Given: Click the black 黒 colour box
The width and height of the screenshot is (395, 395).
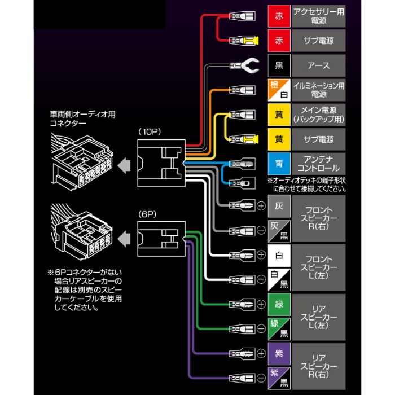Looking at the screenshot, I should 279,65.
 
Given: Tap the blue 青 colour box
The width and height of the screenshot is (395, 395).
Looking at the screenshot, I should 279,164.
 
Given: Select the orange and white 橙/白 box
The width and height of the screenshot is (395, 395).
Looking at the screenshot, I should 279,90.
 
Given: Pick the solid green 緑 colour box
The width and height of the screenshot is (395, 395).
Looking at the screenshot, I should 279,305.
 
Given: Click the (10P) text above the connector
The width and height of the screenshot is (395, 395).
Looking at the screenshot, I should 150,131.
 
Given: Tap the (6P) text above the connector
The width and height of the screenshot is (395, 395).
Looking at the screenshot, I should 148,214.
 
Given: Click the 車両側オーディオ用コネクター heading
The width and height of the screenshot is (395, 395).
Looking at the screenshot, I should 82,118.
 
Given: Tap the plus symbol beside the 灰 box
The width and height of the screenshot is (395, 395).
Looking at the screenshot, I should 261,206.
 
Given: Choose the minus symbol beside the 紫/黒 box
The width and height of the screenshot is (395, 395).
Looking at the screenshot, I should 261,378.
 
